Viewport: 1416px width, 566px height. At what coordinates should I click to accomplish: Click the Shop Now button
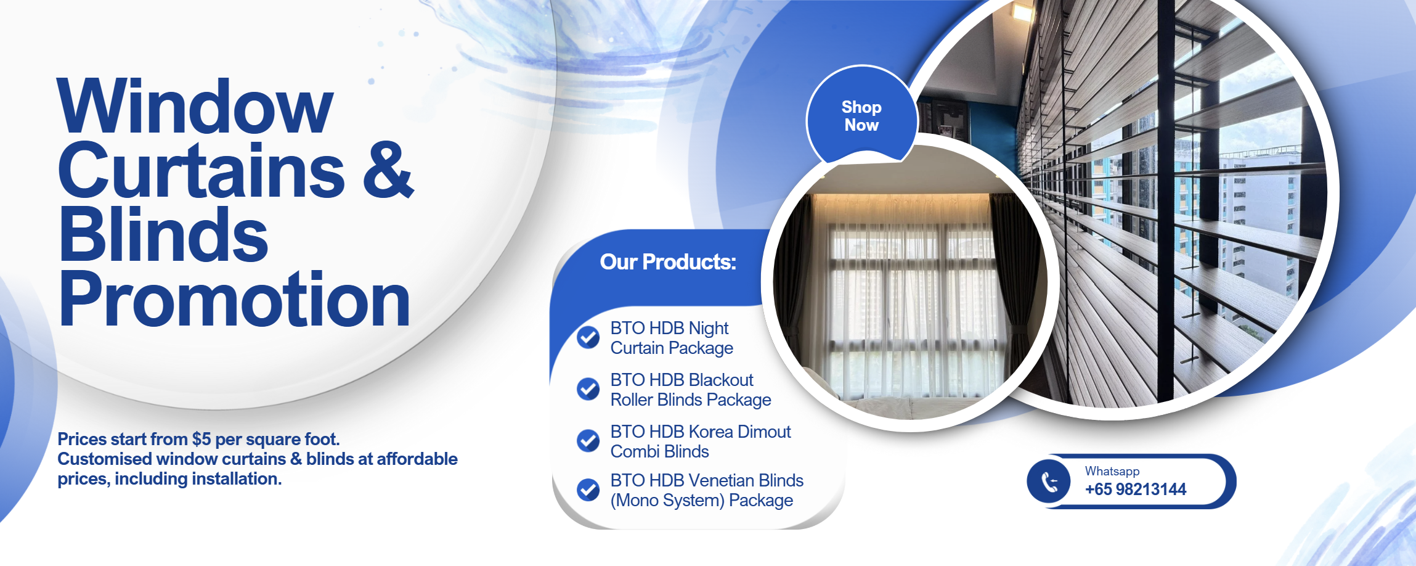tap(861, 116)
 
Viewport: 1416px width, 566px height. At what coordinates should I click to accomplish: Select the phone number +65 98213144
tap(1136, 490)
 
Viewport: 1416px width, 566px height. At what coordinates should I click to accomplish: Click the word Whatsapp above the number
tap(1112, 471)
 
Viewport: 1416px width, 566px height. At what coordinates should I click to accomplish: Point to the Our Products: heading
tap(668, 262)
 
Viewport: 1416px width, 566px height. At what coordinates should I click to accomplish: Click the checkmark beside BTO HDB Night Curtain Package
tap(588, 337)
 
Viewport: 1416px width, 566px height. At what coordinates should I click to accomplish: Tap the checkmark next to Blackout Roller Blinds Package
tap(588, 389)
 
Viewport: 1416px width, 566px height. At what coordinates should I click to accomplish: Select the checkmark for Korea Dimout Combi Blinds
tap(588, 441)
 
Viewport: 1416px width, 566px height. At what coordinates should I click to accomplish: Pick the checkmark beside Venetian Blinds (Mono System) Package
tap(588, 490)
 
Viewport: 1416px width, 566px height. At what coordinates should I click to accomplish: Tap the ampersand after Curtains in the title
tap(388, 170)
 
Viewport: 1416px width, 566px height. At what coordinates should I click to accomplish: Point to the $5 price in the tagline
tap(201, 439)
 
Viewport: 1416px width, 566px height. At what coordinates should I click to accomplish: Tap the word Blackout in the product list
tap(721, 380)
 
